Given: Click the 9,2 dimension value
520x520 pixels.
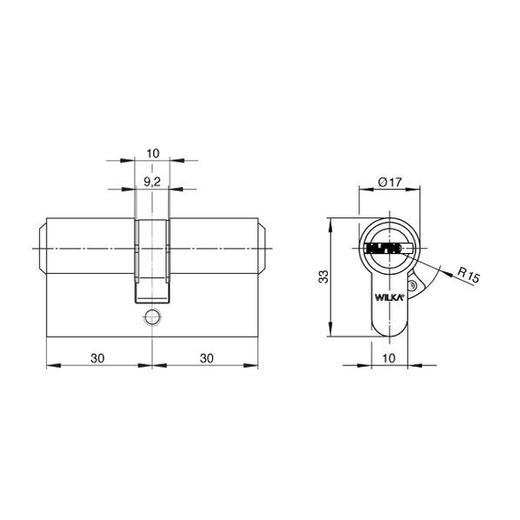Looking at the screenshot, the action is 152,182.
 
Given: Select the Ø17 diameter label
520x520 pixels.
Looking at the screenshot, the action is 390,182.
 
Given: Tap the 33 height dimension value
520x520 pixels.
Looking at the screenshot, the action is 323,277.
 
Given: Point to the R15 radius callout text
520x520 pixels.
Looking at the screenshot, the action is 469,275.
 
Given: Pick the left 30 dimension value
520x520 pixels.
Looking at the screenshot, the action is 97,358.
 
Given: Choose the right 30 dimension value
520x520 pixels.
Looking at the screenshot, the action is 207,358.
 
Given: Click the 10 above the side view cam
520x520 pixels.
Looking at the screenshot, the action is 152,153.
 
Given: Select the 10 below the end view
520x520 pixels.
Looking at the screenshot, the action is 389,358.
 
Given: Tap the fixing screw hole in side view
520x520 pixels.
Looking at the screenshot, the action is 152,317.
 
